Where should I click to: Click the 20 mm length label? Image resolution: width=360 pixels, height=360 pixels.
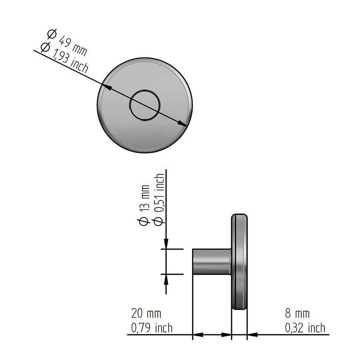click(146, 313)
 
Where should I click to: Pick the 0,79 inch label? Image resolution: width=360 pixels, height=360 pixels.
click(152, 328)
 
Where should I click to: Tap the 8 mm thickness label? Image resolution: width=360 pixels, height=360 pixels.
click(297, 313)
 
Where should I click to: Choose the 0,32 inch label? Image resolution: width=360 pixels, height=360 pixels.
click(305, 328)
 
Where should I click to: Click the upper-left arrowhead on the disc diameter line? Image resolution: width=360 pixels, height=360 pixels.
click(107, 88)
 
